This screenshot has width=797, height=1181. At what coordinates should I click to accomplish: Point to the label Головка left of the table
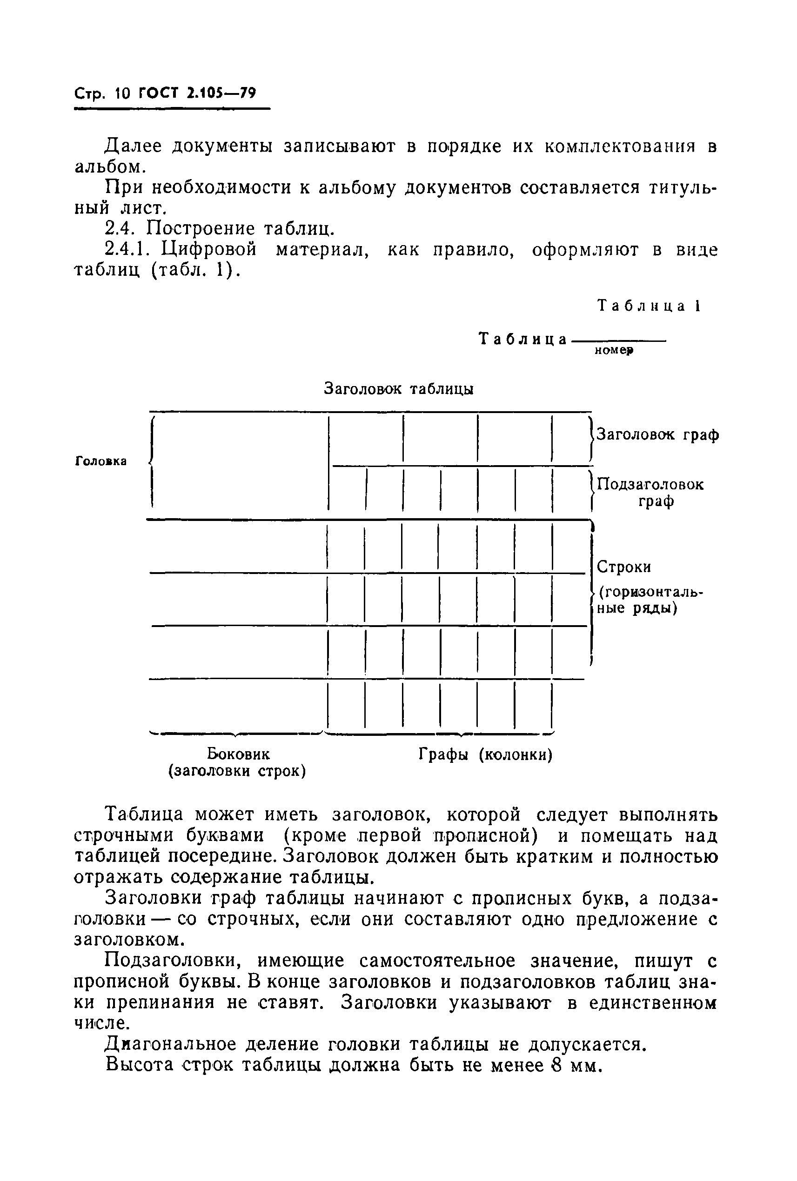100,461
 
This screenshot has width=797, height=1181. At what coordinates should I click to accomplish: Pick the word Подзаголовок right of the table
650,484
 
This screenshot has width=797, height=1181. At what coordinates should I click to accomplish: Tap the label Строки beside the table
623,567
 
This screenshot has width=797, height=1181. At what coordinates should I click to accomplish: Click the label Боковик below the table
238,754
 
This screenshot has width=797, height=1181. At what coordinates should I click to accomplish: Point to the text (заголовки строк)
237,771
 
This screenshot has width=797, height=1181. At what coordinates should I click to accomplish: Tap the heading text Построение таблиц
241,229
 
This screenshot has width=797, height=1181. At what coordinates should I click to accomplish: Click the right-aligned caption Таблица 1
649,306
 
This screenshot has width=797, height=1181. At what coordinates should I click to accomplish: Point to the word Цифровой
209,250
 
